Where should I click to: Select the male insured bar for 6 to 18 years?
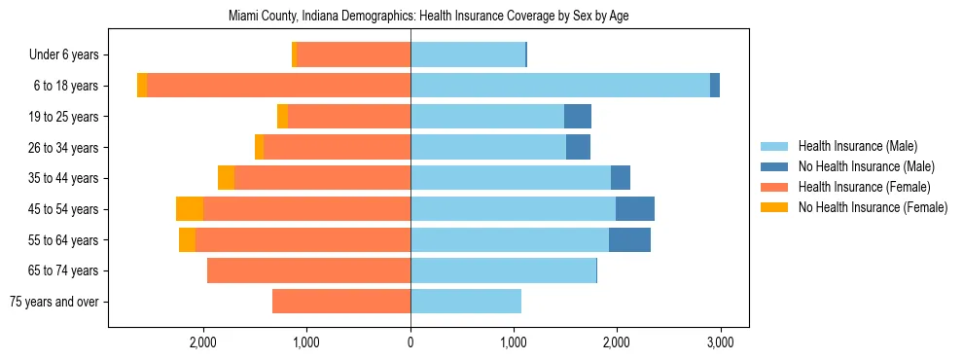[x=559, y=86]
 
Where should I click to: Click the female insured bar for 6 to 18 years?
[x=278, y=86]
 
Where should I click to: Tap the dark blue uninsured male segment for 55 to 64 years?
[x=629, y=240]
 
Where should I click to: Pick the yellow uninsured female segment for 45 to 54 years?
[x=190, y=209]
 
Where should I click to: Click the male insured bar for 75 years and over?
[x=466, y=302]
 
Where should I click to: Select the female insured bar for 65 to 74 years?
[x=308, y=270]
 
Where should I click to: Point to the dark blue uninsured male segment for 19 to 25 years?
[x=578, y=117]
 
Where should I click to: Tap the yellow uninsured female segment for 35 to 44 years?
[x=226, y=178]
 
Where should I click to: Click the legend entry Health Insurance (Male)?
[x=856, y=146]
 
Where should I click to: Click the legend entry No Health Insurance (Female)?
[x=873, y=207]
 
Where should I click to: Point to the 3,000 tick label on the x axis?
[x=720, y=342]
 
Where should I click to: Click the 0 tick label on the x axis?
[x=410, y=342]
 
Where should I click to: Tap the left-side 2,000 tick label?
[x=203, y=342]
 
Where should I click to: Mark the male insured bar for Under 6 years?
[x=468, y=54]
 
